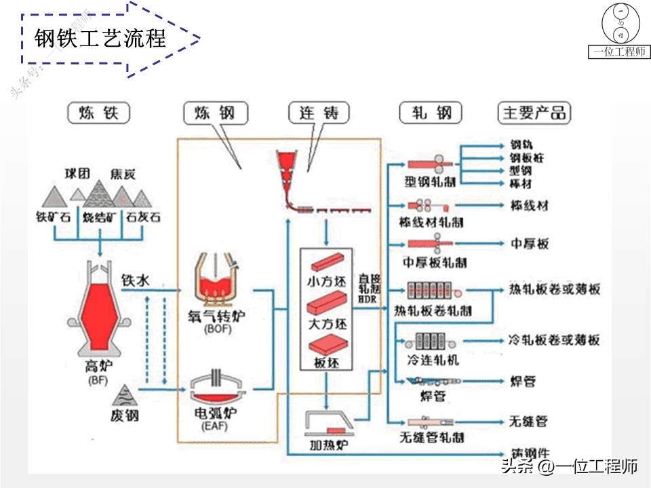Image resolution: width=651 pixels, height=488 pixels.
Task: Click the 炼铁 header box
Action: (99, 113)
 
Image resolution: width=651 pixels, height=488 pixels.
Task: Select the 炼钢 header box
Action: (214, 113)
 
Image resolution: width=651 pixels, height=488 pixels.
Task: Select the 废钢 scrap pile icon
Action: (124, 394)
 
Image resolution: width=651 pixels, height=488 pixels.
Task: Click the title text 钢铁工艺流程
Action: (100, 39)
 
